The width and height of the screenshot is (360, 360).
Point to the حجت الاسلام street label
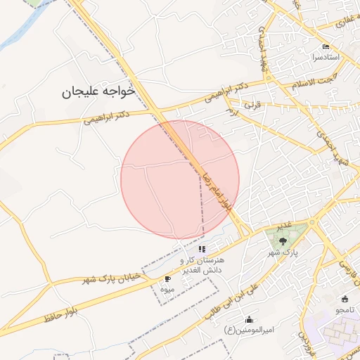[311, 81]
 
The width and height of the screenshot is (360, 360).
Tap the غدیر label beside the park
[283, 225]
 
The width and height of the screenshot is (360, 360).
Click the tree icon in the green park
[283, 240]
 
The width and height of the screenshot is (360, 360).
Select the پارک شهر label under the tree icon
[285, 252]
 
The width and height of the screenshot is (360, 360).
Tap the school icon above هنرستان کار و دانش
[202, 249]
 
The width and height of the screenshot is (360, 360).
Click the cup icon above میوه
[167, 279]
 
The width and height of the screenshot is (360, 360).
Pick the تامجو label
[345, 309]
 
